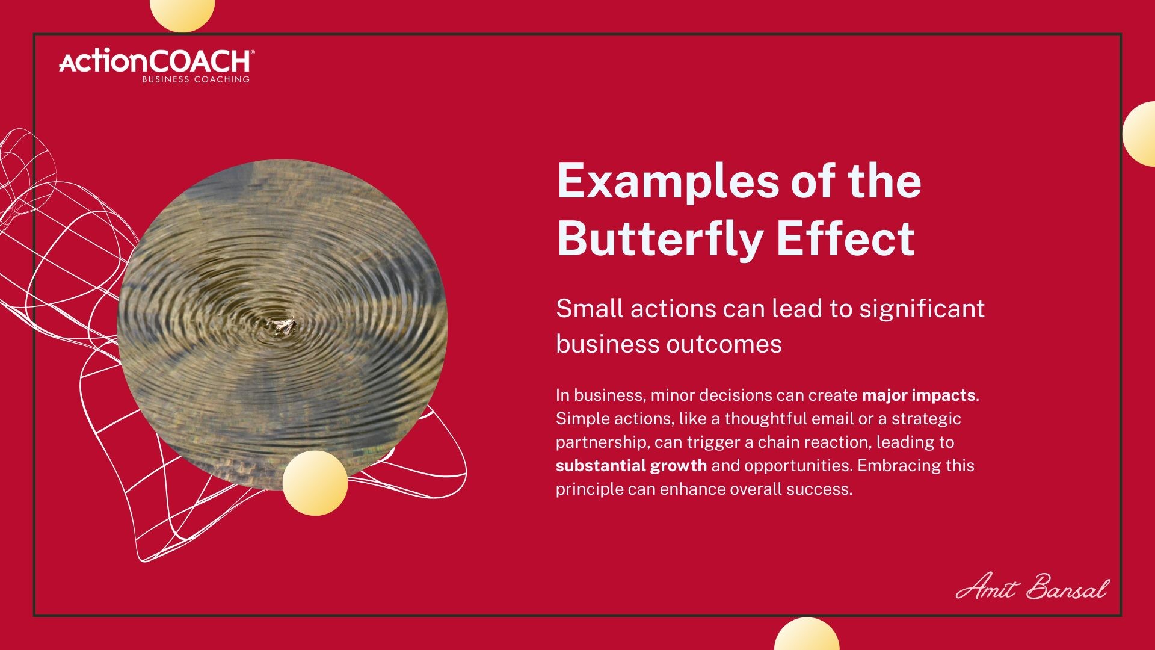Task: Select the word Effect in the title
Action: tap(846, 238)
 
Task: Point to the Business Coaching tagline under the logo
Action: tap(196, 79)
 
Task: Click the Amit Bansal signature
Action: tap(1032, 586)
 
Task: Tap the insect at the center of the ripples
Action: tap(281, 326)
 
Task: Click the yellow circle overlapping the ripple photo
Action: tap(315, 483)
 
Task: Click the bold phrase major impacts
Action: tap(919, 395)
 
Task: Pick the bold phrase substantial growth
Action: tap(631, 466)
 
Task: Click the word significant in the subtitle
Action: tap(922, 309)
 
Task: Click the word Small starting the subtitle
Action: tap(590, 308)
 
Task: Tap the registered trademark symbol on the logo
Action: tap(253, 52)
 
